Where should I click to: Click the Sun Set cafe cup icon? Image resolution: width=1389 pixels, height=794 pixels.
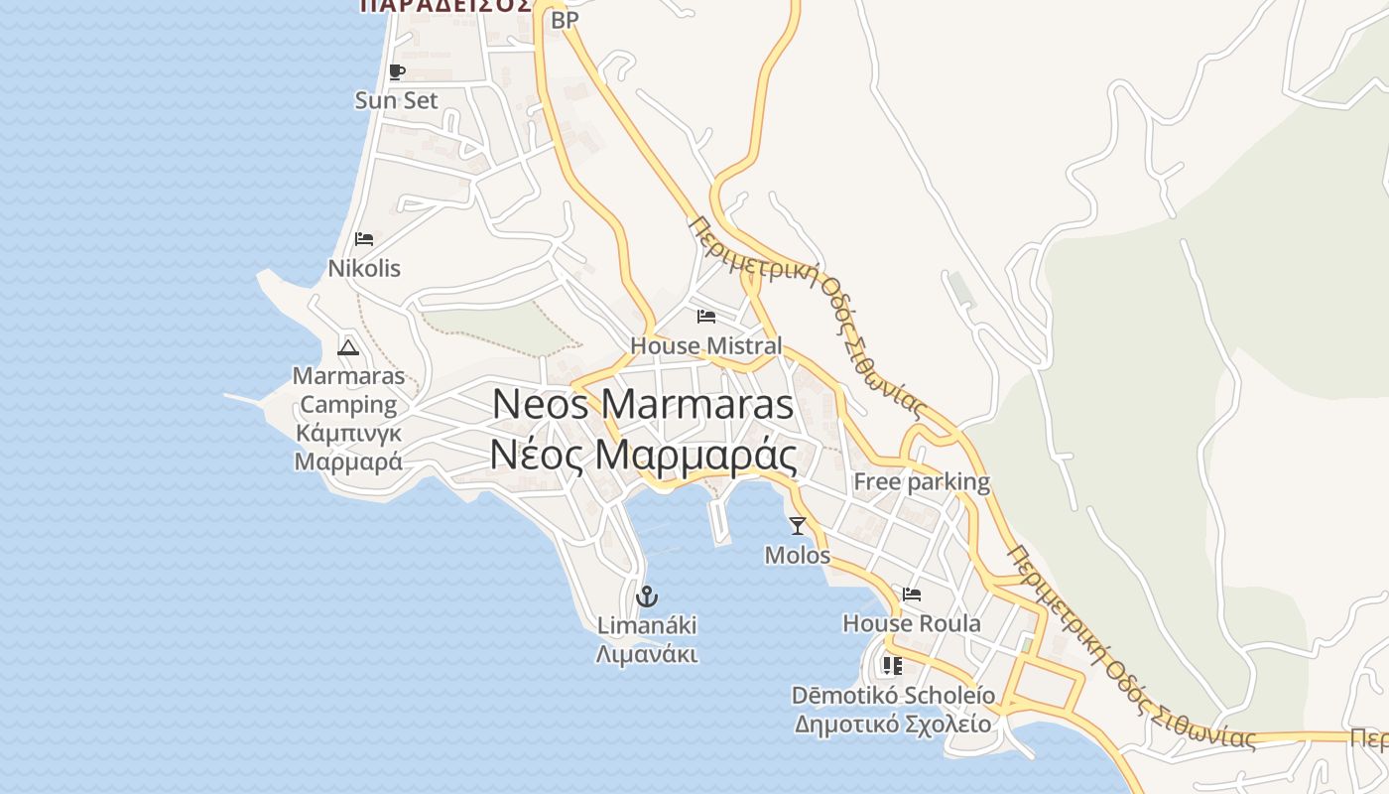397,71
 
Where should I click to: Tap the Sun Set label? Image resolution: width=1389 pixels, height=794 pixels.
397,100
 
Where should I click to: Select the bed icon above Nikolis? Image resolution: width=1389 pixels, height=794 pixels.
364,239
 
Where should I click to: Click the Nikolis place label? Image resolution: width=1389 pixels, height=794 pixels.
364,268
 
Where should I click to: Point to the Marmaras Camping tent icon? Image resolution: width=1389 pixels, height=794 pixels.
347,347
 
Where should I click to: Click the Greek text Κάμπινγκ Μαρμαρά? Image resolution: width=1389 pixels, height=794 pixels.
348,448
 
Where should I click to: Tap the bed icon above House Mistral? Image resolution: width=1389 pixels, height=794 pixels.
706,317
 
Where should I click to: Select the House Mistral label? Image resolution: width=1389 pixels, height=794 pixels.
706,346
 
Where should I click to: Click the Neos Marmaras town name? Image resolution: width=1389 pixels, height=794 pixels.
643,404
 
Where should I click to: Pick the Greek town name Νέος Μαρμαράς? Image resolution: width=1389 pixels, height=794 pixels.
643,456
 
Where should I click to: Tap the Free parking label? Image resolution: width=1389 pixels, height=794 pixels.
922,482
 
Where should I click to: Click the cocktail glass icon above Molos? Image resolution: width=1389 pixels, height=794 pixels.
798,526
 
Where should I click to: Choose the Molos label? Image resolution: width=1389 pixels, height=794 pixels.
798,555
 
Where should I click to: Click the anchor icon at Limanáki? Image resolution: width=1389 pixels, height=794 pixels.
647,596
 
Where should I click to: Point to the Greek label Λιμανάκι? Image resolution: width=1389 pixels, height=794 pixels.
647,654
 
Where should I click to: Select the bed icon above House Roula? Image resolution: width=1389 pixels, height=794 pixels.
912,595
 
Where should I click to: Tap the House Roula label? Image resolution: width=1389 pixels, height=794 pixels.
912,623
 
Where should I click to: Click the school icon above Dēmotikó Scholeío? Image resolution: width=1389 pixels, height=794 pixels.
892,665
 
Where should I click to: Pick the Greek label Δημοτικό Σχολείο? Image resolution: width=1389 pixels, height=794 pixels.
892,724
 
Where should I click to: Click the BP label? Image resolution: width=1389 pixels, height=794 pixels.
565,20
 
